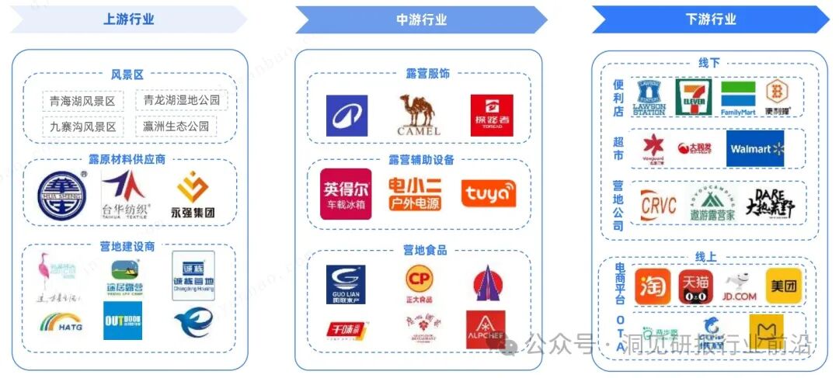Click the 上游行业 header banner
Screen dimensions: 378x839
pyautogui.click(x=128, y=19)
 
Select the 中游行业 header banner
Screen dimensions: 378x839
pyautogui.click(x=421, y=19)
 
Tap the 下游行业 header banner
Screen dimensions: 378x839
pyautogui.click(x=710, y=19)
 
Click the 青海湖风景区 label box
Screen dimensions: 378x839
pyautogui.click(x=82, y=102)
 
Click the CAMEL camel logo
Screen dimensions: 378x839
pyautogui.click(x=419, y=115)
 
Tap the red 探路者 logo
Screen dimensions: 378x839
pyautogui.click(x=491, y=115)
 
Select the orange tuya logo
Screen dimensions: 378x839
pyautogui.click(x=488, y=193)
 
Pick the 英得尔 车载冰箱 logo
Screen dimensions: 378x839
pyautogui.click(x=346, y=194)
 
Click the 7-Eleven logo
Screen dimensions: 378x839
pyautogui.click(x=692, y=98)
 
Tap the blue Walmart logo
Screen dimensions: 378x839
pyautogui.click(x=754, y=149)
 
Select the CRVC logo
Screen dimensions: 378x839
pyautogui.click(x=658, y=206)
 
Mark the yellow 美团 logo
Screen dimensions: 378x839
pyautogui.click(x=783, y=286)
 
